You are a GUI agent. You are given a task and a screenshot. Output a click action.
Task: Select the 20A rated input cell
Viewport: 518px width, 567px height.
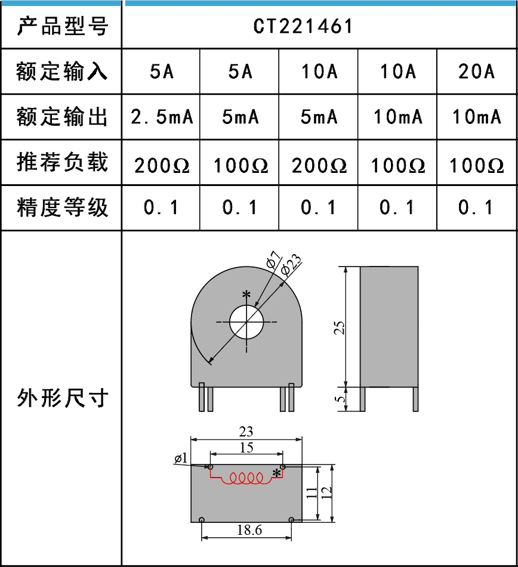pyautogui.click(x=476, y=72)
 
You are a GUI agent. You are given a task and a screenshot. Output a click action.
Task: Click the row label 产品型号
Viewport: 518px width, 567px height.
pyautogui.click(x=62, y=26)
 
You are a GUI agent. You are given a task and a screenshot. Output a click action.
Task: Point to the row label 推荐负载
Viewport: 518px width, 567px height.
pyautogui.click(x=62, y=162)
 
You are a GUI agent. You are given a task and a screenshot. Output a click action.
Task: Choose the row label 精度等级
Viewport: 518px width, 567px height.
pyautogui.click(x=62, y=207)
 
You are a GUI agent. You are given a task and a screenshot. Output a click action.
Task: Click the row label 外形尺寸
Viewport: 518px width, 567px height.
pyautogui.click(x=62, y=397)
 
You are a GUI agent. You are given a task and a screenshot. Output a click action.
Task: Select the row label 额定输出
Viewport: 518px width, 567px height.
pyautogui.click(x=62, y=117)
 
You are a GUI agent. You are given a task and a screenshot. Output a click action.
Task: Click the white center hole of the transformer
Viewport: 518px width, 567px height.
pyautogui.click(x=246, y=321)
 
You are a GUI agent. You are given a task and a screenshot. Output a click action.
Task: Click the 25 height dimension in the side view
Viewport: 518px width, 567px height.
pyautogui.click(x=340, y=327)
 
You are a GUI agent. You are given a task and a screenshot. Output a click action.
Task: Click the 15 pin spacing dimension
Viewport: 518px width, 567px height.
pyautogui.click(x=246, y=447)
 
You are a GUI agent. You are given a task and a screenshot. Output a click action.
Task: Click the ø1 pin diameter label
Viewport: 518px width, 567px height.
pyautogui.click(x=181, y=458)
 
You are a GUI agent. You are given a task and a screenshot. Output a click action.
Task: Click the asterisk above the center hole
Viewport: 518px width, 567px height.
pyautogui.click(x=246, y=295)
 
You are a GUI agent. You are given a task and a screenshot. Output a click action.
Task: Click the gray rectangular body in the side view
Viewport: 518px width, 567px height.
pyautogui.click(x=388, y=327)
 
